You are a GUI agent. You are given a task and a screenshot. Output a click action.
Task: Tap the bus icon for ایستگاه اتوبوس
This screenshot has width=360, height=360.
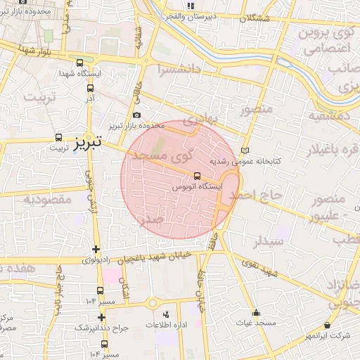click(196, 176)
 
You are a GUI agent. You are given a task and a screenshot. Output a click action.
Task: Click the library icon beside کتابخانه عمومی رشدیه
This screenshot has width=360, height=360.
click(245, 150)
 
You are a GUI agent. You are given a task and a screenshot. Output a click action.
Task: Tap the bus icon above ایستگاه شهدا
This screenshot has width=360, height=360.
click(79, 62)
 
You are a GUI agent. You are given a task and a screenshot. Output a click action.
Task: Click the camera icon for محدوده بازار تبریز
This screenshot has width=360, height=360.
click(136, 115)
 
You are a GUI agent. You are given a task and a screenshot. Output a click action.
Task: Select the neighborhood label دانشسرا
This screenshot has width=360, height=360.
click(180, 70)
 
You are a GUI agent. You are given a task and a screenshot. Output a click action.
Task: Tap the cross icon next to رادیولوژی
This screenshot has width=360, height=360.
click(96, 249)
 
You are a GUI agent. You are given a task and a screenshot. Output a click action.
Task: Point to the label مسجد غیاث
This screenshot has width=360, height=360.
click(255, 323)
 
